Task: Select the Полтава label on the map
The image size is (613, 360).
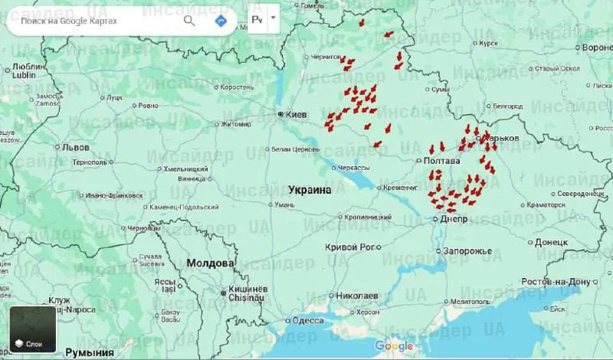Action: (x=441, y=161)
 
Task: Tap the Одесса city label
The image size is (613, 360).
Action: (x=307, y=321)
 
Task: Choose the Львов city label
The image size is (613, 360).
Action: (x=75, y=147)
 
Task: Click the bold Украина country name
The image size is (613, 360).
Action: (x=310, y=189)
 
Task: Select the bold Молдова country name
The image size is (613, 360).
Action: (x=210, y=263)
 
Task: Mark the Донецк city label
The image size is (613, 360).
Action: (x=551, y=242)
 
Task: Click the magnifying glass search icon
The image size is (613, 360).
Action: (x=189, y=21)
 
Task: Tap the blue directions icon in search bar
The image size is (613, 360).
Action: (x=221, y=21)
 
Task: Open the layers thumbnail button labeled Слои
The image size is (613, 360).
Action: (x=33, y=329)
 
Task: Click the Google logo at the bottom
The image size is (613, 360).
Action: (x=394, y=346)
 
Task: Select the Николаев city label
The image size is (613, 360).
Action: (x=356, y=295)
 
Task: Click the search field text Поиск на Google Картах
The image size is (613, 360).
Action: (x=69, y=21)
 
